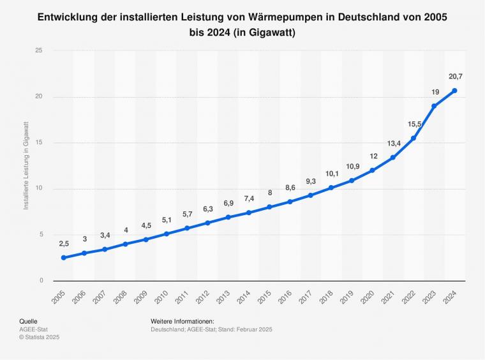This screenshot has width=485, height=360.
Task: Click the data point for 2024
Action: (x=454, y=91)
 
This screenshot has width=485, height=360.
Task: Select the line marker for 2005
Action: (x=63, y=258)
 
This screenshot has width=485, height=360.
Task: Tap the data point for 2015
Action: (x=269, y=207)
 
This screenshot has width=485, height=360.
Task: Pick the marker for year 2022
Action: (x=414, y=138)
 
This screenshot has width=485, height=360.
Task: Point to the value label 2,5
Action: (x=64, y=244)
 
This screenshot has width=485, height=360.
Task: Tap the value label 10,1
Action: (x=331, y=174)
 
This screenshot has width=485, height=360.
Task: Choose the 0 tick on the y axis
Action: (x=41, y=280)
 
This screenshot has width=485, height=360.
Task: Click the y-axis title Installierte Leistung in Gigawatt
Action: (x=26, y=165)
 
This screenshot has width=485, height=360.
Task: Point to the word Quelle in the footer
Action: (x=29, y=321)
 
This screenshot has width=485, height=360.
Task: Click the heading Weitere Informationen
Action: (x=183, y=321)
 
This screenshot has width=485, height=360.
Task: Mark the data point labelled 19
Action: (x=434, y=106)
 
